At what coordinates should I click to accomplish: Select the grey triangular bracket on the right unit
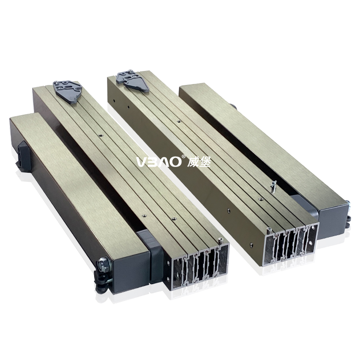(x=132, y=80)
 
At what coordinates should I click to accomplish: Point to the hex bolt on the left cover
(x=102, y=263)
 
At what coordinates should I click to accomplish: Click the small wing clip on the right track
(x=273, y=184)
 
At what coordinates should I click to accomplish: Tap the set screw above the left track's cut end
(x=220, y=240)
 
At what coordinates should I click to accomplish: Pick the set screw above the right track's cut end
(x=269, y=231)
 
